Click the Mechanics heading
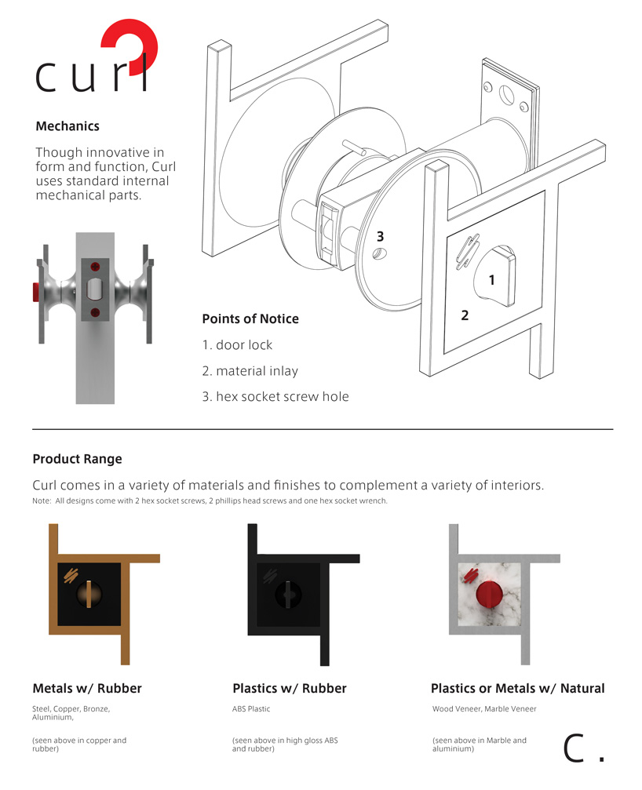tap(67, 126)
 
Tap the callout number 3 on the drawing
tap(380, 236)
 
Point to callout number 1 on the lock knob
tap(491, 279)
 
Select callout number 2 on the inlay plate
tap(465, 315)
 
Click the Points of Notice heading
tap(250, 319)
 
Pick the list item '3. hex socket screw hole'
tap(275, 396)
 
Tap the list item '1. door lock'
tap(238, 345)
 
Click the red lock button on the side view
tap(35, 293)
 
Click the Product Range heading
tap(77, 459)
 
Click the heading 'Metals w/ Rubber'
tap(87, 688)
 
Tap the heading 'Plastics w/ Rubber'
tap(289, 688)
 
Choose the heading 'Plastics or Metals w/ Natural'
tap(517, 688)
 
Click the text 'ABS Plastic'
tap(251, 709)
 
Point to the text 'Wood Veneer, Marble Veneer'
tap(484, 709)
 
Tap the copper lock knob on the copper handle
tap(90, 595)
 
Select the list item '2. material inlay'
tap(250, 371)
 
